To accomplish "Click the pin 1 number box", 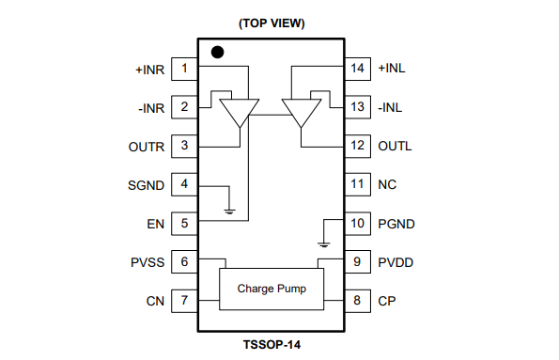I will coord(185,69).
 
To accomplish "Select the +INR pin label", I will coord(150,69).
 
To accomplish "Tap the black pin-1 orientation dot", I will coord(217,53).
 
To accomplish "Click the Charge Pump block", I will coord(271,289).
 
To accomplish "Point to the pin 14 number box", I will coord(356,69).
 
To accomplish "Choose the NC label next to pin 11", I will coord(386,185).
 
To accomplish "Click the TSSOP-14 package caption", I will coord(271,344).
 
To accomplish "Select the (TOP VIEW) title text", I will coord(271,23).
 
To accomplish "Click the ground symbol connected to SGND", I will coord(229,211).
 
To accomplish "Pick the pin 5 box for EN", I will coord(185,224).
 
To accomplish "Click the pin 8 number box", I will coord(356,301).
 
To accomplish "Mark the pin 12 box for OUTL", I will coord(356,146).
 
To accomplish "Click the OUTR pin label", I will coord(147,147).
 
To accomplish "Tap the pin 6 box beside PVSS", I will coord(185,262).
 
